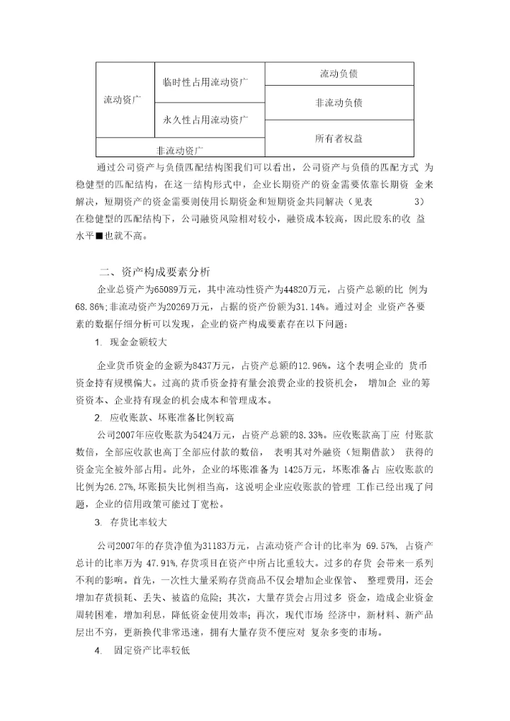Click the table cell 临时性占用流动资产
tap(203, 83)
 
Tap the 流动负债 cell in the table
tap(339, 73)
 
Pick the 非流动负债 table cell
tap(339, 103)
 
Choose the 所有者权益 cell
tap(339, 138)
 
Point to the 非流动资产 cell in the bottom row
tap(180, 150)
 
